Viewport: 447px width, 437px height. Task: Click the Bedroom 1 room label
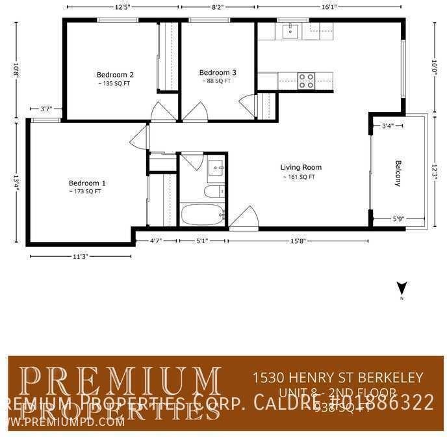87,183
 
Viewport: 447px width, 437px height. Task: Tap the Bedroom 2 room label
115,74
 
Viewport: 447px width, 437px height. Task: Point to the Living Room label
300,167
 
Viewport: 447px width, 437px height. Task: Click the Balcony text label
398,173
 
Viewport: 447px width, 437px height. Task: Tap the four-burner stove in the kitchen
306,81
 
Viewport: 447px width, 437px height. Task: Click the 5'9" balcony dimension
398,219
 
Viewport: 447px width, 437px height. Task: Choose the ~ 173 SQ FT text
85,192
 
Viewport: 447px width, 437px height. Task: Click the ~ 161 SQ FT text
299,177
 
